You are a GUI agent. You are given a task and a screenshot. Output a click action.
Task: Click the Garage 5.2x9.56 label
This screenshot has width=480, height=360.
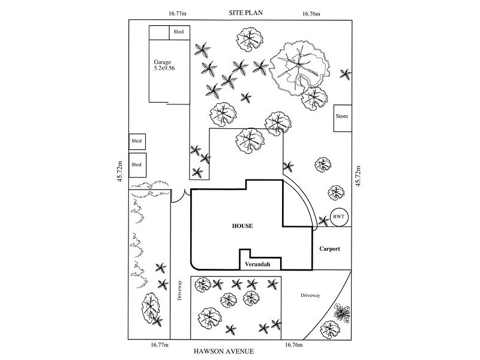163,65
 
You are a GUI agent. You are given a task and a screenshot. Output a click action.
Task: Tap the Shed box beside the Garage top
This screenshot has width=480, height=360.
179,32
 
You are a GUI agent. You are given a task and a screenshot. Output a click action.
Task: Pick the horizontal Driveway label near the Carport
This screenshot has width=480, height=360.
310,295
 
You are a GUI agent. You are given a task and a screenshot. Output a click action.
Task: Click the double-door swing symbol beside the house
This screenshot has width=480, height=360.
178,197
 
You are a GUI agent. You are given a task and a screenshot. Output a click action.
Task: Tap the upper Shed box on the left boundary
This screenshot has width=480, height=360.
137,142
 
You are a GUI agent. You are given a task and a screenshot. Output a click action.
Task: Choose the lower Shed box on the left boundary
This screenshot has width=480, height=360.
137,163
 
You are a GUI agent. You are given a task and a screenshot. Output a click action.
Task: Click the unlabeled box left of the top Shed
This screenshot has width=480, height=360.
159,32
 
